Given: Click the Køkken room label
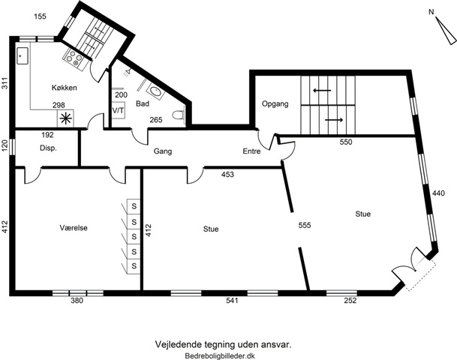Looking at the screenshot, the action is click(x=64, y=88).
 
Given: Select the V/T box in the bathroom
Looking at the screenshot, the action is click(x=119, y=110).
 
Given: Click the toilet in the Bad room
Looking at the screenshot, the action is click(x=179, y=115).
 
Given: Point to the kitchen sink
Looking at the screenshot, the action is click(x=23, y=55).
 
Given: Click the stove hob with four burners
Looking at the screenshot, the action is click(x=74, y=58).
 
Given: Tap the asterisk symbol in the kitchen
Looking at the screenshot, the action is click(x=65, y=118).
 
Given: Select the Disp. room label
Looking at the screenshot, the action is click(x=48, y=148).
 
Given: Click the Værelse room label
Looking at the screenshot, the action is click(x=74, y=228).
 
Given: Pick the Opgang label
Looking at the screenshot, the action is click(x=275, y=103).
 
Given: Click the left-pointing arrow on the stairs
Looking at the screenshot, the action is click(x=322, y=90).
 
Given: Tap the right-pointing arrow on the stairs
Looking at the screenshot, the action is click(x=334, y=120).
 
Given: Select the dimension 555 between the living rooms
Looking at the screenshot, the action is click(x=304, y=225).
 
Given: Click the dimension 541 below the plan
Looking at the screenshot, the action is click(x=232, y=300).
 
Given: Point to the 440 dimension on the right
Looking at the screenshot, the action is click(x=438, y=193).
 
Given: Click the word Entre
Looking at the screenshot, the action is click(x=251, y=151).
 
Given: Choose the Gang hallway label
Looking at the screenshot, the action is click(x=163, y=151).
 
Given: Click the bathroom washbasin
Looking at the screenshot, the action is click(x=155, y=91).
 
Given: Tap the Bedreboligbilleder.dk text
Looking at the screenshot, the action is click(x=220, y=355).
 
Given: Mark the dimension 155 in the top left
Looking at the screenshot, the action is click(x=40, y=16).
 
